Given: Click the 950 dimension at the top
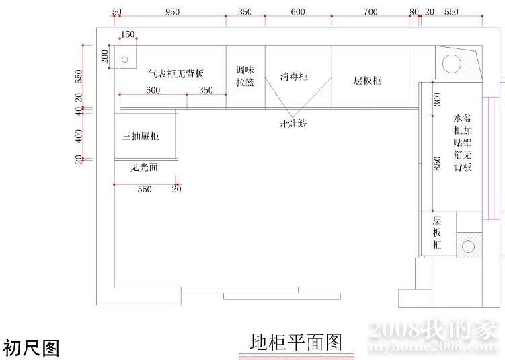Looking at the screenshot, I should tap(172, 12).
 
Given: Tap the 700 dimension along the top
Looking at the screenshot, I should tap(371, 12).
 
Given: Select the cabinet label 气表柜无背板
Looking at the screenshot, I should tap(176, 73).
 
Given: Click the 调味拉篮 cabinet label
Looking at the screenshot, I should tap(245, 76).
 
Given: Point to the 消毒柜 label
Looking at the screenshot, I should tap(294, 77).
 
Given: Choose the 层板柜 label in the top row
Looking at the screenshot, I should tap(367, 81).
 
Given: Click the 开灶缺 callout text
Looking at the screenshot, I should tap(293, 123).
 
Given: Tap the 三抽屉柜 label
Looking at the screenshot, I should tap(141, 136).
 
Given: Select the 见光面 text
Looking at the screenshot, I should tap(144, 167).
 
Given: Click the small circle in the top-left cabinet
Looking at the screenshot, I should tap(124, 59).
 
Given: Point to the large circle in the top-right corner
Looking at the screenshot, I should tap(452, 63).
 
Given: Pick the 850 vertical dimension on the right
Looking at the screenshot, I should tap(437, 164).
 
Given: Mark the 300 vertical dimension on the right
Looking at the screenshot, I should tap(437, 100).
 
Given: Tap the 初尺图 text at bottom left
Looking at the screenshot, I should tap(32, 348).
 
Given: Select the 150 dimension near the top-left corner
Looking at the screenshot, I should tap(127, 35).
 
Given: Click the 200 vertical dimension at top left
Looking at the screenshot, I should tap(105, 57).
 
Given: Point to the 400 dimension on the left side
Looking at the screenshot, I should tap(79, 136).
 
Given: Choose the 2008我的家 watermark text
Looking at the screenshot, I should tap(432, 330).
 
